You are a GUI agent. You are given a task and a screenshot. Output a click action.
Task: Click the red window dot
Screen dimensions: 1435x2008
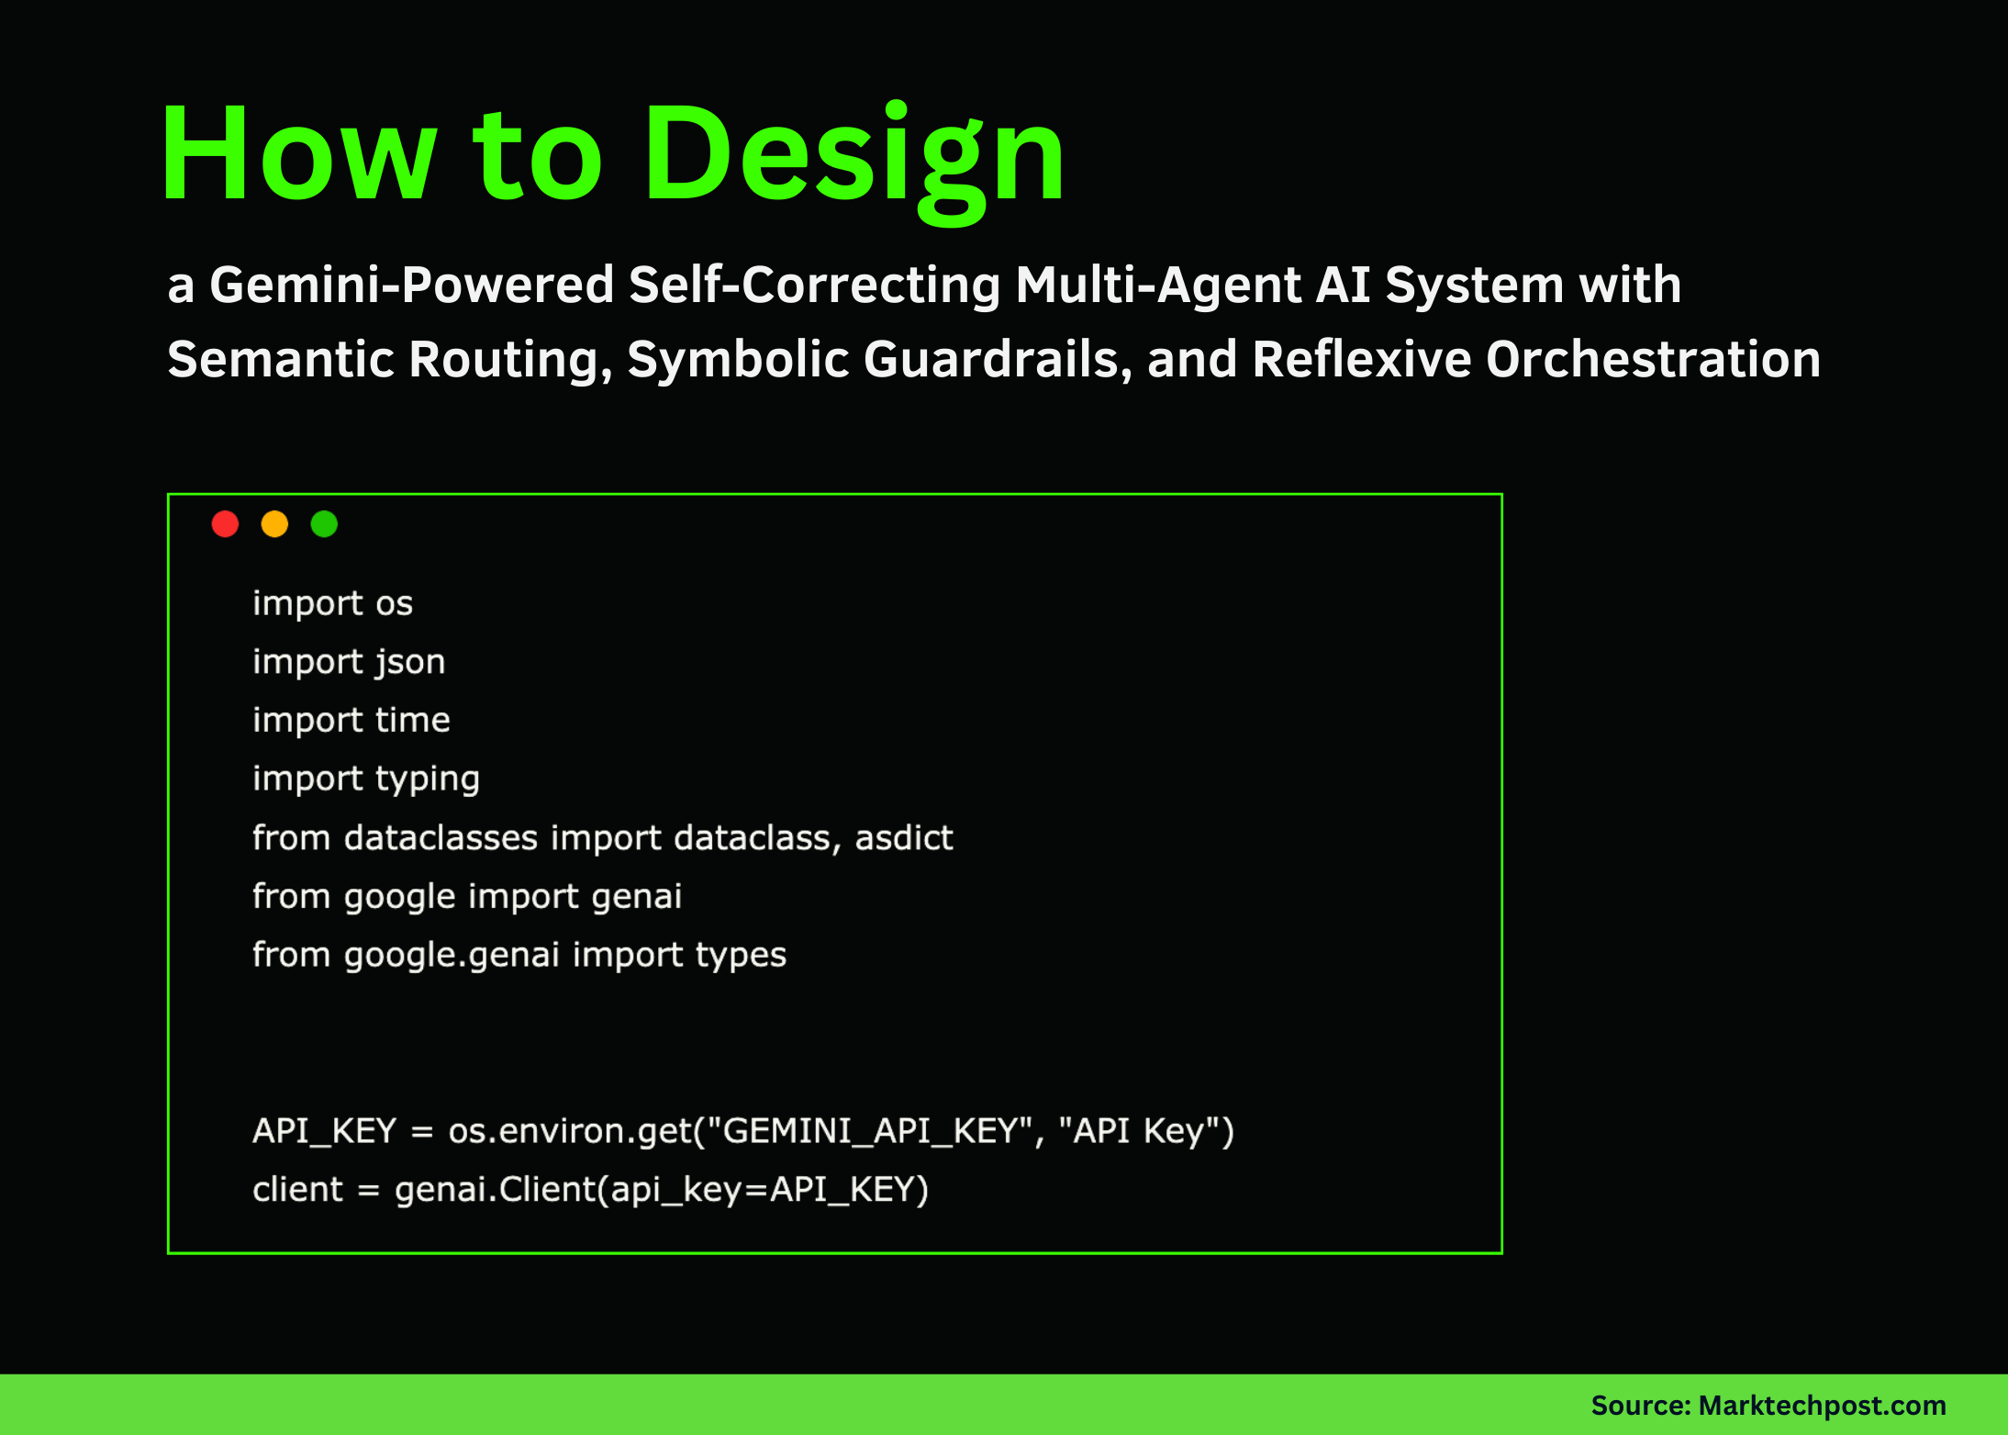pyautogui.click(x=225, y=524)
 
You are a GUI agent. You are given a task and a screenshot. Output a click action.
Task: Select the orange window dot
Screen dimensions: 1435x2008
pyautogui.click(x=274, y=524)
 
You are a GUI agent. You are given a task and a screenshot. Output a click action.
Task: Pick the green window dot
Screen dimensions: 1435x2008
pyautogui.click(x=324, y=524)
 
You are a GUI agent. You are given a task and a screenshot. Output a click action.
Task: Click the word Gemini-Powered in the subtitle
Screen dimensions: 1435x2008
pyautogui.click(x=411, y=285)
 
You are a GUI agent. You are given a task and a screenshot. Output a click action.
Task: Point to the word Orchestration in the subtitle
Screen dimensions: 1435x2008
pyautogui.click(x=1653, y=359)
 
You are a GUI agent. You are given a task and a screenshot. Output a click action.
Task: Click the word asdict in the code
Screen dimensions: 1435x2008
pyautogui.click(x=904, y=838)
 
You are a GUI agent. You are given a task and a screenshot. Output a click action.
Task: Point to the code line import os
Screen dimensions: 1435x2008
pyautogui.click(x=332, y=604)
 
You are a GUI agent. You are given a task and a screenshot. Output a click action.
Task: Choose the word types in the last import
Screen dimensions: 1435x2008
pyautogui.click(x=740, y=956)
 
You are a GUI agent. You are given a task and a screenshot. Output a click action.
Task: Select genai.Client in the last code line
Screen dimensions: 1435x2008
pyautogui.click(x=496, y=1190)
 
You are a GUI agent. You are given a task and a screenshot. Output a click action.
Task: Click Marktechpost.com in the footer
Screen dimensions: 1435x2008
pyautogui.click(x=1822, y=1406)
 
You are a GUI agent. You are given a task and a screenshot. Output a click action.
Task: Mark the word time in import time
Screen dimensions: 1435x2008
pyautogui.click(x=412, y=721)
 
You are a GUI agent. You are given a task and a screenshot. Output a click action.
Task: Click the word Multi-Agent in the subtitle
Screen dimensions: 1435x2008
pyautogui.click(x=1158, y=285)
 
